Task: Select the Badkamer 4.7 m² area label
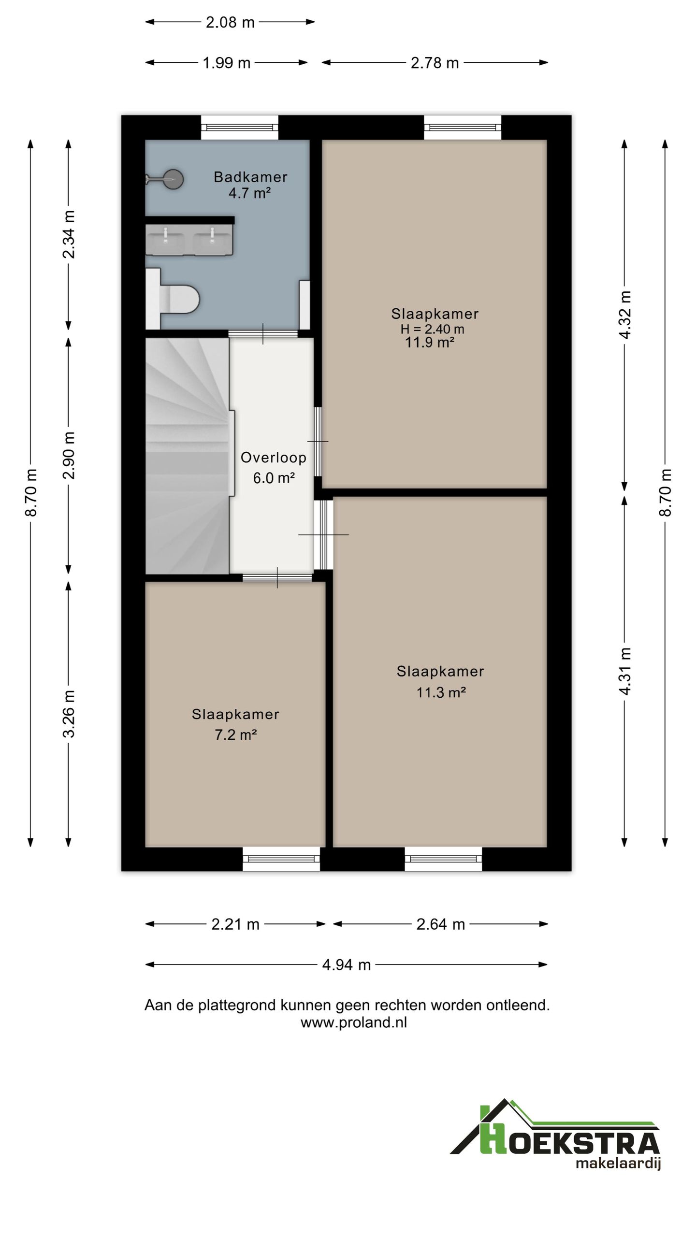(x=250, y=185)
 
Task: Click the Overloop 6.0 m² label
(x=274, y=468)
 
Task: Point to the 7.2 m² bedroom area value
(x=235, y=735)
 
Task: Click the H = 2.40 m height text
(x=433, y=330)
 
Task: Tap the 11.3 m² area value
(x=441, y=692)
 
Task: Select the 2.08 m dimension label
(x=230, y=22)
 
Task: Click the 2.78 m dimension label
(x=435, y=63)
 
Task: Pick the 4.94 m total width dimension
(x=346, y=965)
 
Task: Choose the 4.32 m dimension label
(x=625, y=315)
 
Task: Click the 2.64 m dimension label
(x=440, y=924)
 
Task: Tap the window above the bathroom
(x=240, y=128)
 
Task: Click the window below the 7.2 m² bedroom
(x=281, y=859)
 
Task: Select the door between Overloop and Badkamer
(x=263, y=333)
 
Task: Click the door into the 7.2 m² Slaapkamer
(x=277, y=577)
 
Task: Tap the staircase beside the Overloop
(x=188, y=456)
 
